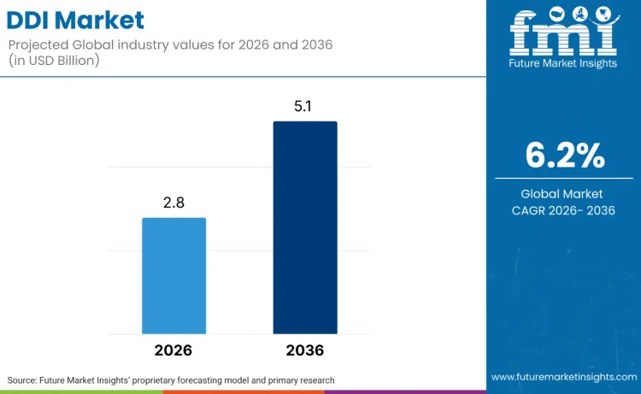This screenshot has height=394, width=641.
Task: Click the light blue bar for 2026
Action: pos(173,276)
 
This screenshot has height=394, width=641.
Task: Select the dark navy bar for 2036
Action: pos(305,227)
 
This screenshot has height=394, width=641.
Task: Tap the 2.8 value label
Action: pos(173,203)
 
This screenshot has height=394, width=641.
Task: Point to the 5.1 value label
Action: pos(303,106)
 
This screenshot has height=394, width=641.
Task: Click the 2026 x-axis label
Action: pos(173,350)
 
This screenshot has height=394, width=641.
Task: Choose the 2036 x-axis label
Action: pos(305,350)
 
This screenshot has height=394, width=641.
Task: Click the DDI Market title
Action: pos(75,20)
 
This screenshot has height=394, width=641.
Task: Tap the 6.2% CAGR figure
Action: pos(565,156)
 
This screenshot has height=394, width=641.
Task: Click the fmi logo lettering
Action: pos(563,32)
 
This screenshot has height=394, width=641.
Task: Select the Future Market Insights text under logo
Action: pos(563,63)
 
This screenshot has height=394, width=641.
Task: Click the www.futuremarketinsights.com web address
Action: pos(564,377)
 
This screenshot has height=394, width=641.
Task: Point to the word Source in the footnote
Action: pos(21,380)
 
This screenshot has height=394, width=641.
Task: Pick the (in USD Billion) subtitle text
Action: pos(54,61)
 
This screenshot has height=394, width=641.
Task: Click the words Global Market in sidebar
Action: pos(562,194)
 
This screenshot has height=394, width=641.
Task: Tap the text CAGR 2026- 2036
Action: pos(563,210)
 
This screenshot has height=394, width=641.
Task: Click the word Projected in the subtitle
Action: pos(38,45)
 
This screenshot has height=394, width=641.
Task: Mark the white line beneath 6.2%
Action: pos(564,179)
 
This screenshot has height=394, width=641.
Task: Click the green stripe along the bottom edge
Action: pos(81,392)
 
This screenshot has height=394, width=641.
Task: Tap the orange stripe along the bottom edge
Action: pos(244,392)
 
